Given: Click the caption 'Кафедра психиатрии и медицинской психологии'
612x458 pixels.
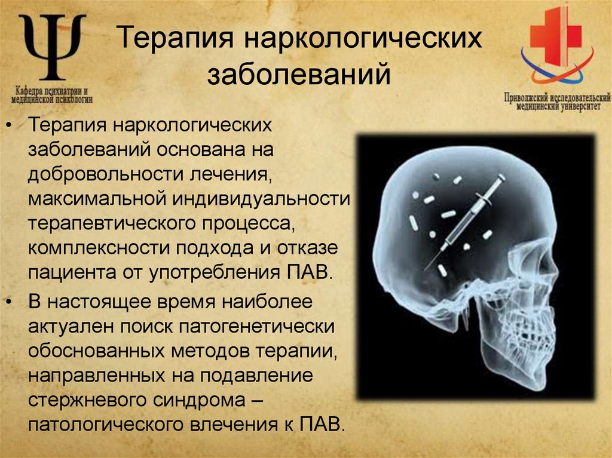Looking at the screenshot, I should [52, 96].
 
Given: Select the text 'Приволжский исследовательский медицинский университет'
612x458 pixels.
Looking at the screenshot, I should [556, 101].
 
